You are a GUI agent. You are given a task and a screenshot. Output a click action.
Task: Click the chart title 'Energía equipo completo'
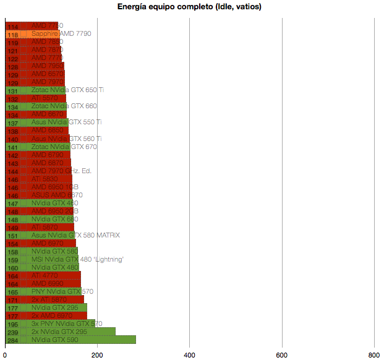tap(189, 7)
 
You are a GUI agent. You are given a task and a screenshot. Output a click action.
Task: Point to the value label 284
tap(12, 340)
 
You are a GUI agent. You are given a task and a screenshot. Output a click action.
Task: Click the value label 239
tap(12, 332)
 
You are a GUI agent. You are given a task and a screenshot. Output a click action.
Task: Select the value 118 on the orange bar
tap(12, 35)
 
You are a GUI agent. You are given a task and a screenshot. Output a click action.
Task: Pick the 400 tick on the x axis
tap(190, 354)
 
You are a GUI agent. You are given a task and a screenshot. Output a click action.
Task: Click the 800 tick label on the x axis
tap(374, 354)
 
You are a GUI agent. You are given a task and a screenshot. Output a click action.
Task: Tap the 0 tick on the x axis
tap(5, 354)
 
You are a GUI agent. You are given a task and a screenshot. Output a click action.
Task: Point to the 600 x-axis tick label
tap(282, 354)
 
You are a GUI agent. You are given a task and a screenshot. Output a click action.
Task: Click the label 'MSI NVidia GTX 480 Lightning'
tap(77, 259)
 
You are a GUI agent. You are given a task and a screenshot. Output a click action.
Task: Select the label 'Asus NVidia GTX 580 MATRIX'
tap(75, 235)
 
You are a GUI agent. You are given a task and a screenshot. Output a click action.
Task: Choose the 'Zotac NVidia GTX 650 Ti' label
tap(67, 90)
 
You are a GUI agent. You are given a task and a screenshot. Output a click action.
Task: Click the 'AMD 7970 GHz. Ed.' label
tap(61, 171)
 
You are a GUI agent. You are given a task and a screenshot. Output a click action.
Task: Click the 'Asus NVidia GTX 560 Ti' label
tap(67, 139)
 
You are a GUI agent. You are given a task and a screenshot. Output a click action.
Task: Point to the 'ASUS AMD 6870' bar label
tap(57, 195)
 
